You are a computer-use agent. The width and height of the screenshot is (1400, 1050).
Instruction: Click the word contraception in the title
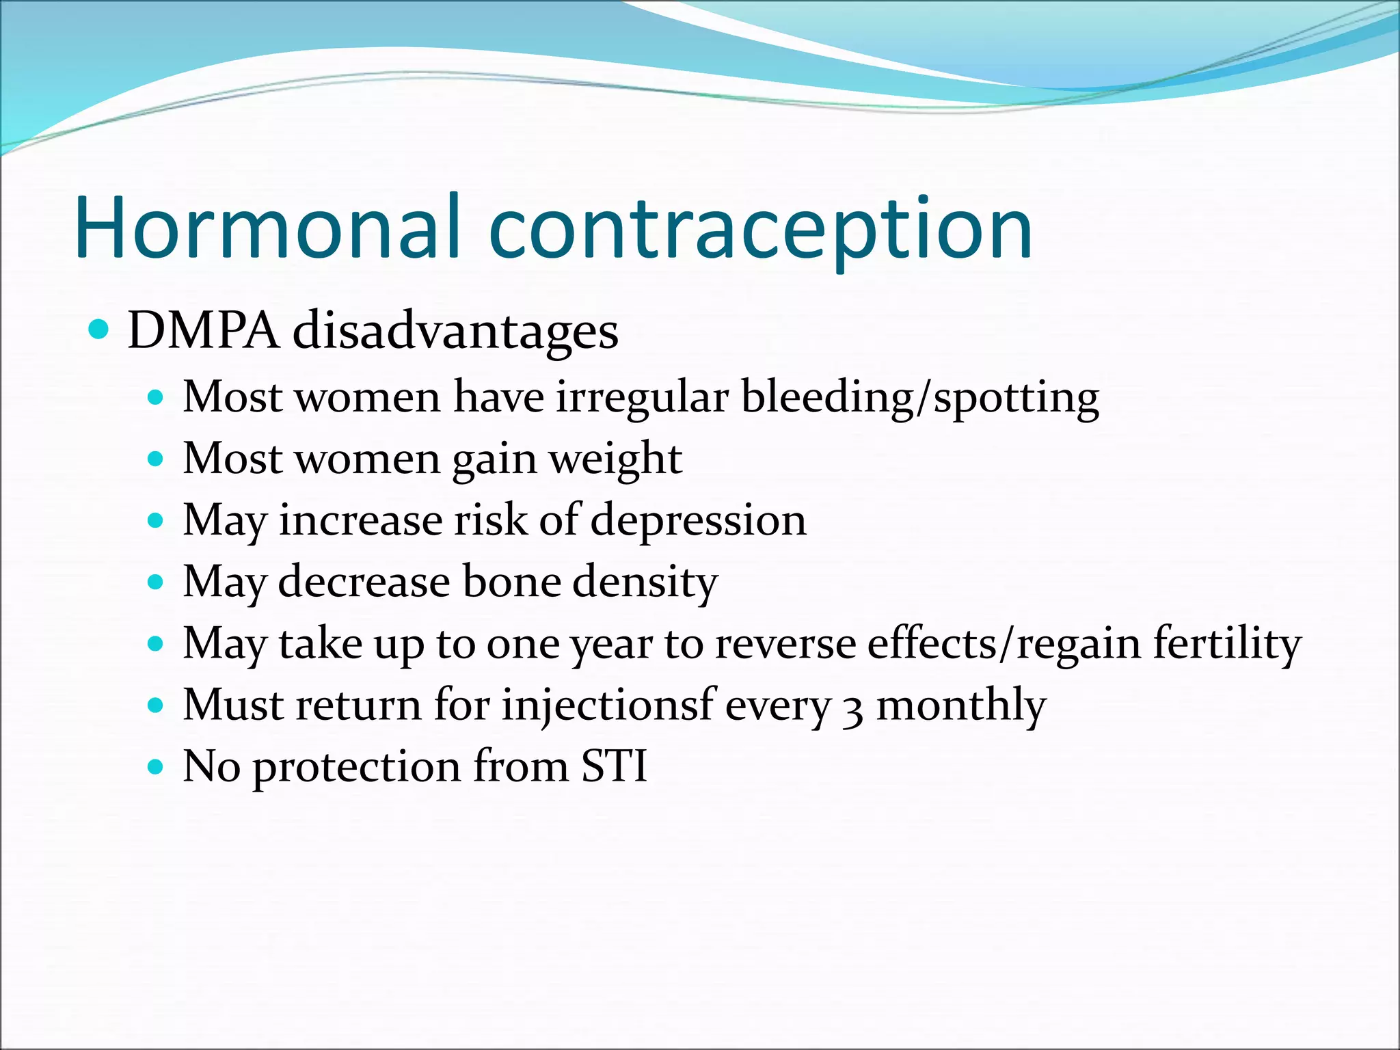[760, 229]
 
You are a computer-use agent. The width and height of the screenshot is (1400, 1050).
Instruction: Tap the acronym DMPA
[203, 331]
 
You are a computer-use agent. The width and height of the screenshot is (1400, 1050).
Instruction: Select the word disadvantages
[455, 331]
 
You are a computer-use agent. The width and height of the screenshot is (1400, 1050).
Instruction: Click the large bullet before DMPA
[99, 330]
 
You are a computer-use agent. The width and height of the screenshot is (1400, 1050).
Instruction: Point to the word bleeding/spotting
[920, 398]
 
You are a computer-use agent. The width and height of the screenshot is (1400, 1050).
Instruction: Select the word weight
[616, 459]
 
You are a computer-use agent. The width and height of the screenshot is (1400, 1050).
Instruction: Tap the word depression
[698, 520]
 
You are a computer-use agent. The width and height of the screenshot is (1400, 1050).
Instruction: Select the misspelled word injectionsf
[608, 705]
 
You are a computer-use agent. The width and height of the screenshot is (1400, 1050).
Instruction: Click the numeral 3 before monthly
[852, 710]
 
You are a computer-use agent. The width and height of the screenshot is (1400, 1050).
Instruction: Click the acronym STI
[614, 766]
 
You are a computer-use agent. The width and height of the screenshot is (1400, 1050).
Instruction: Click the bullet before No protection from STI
[156, 767]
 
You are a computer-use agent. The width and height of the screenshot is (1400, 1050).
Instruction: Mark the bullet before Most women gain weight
[156, 459]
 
